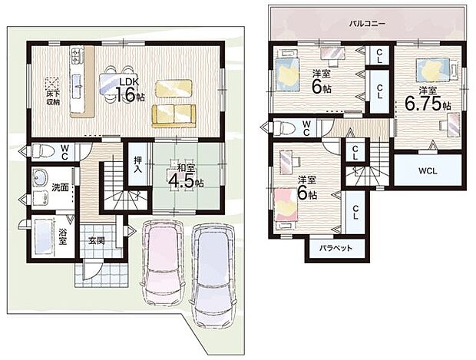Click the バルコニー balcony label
click(x=367, y=24)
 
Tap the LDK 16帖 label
click(x=130, y=88)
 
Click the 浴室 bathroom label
click(x=62, y=236)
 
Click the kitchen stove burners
click(x=78, y=56)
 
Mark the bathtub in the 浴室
click(x=41, y=236)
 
